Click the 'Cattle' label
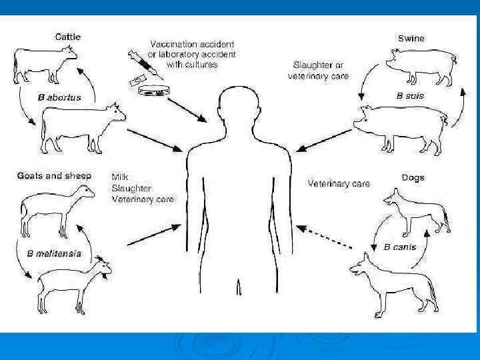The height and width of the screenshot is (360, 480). tap(67, 37)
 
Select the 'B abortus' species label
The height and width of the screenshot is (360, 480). tap(59, 97)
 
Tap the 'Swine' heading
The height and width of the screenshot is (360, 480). tap(411, 38)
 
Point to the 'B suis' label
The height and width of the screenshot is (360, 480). tap(410, 96)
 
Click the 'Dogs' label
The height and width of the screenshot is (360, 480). tap(413, 178)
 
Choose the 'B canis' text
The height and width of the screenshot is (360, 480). tap(400, 247)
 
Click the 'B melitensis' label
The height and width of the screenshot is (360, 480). tap(54, 253)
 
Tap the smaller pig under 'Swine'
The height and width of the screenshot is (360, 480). tap(420, 66)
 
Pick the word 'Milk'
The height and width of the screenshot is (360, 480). tap(120, 177)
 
